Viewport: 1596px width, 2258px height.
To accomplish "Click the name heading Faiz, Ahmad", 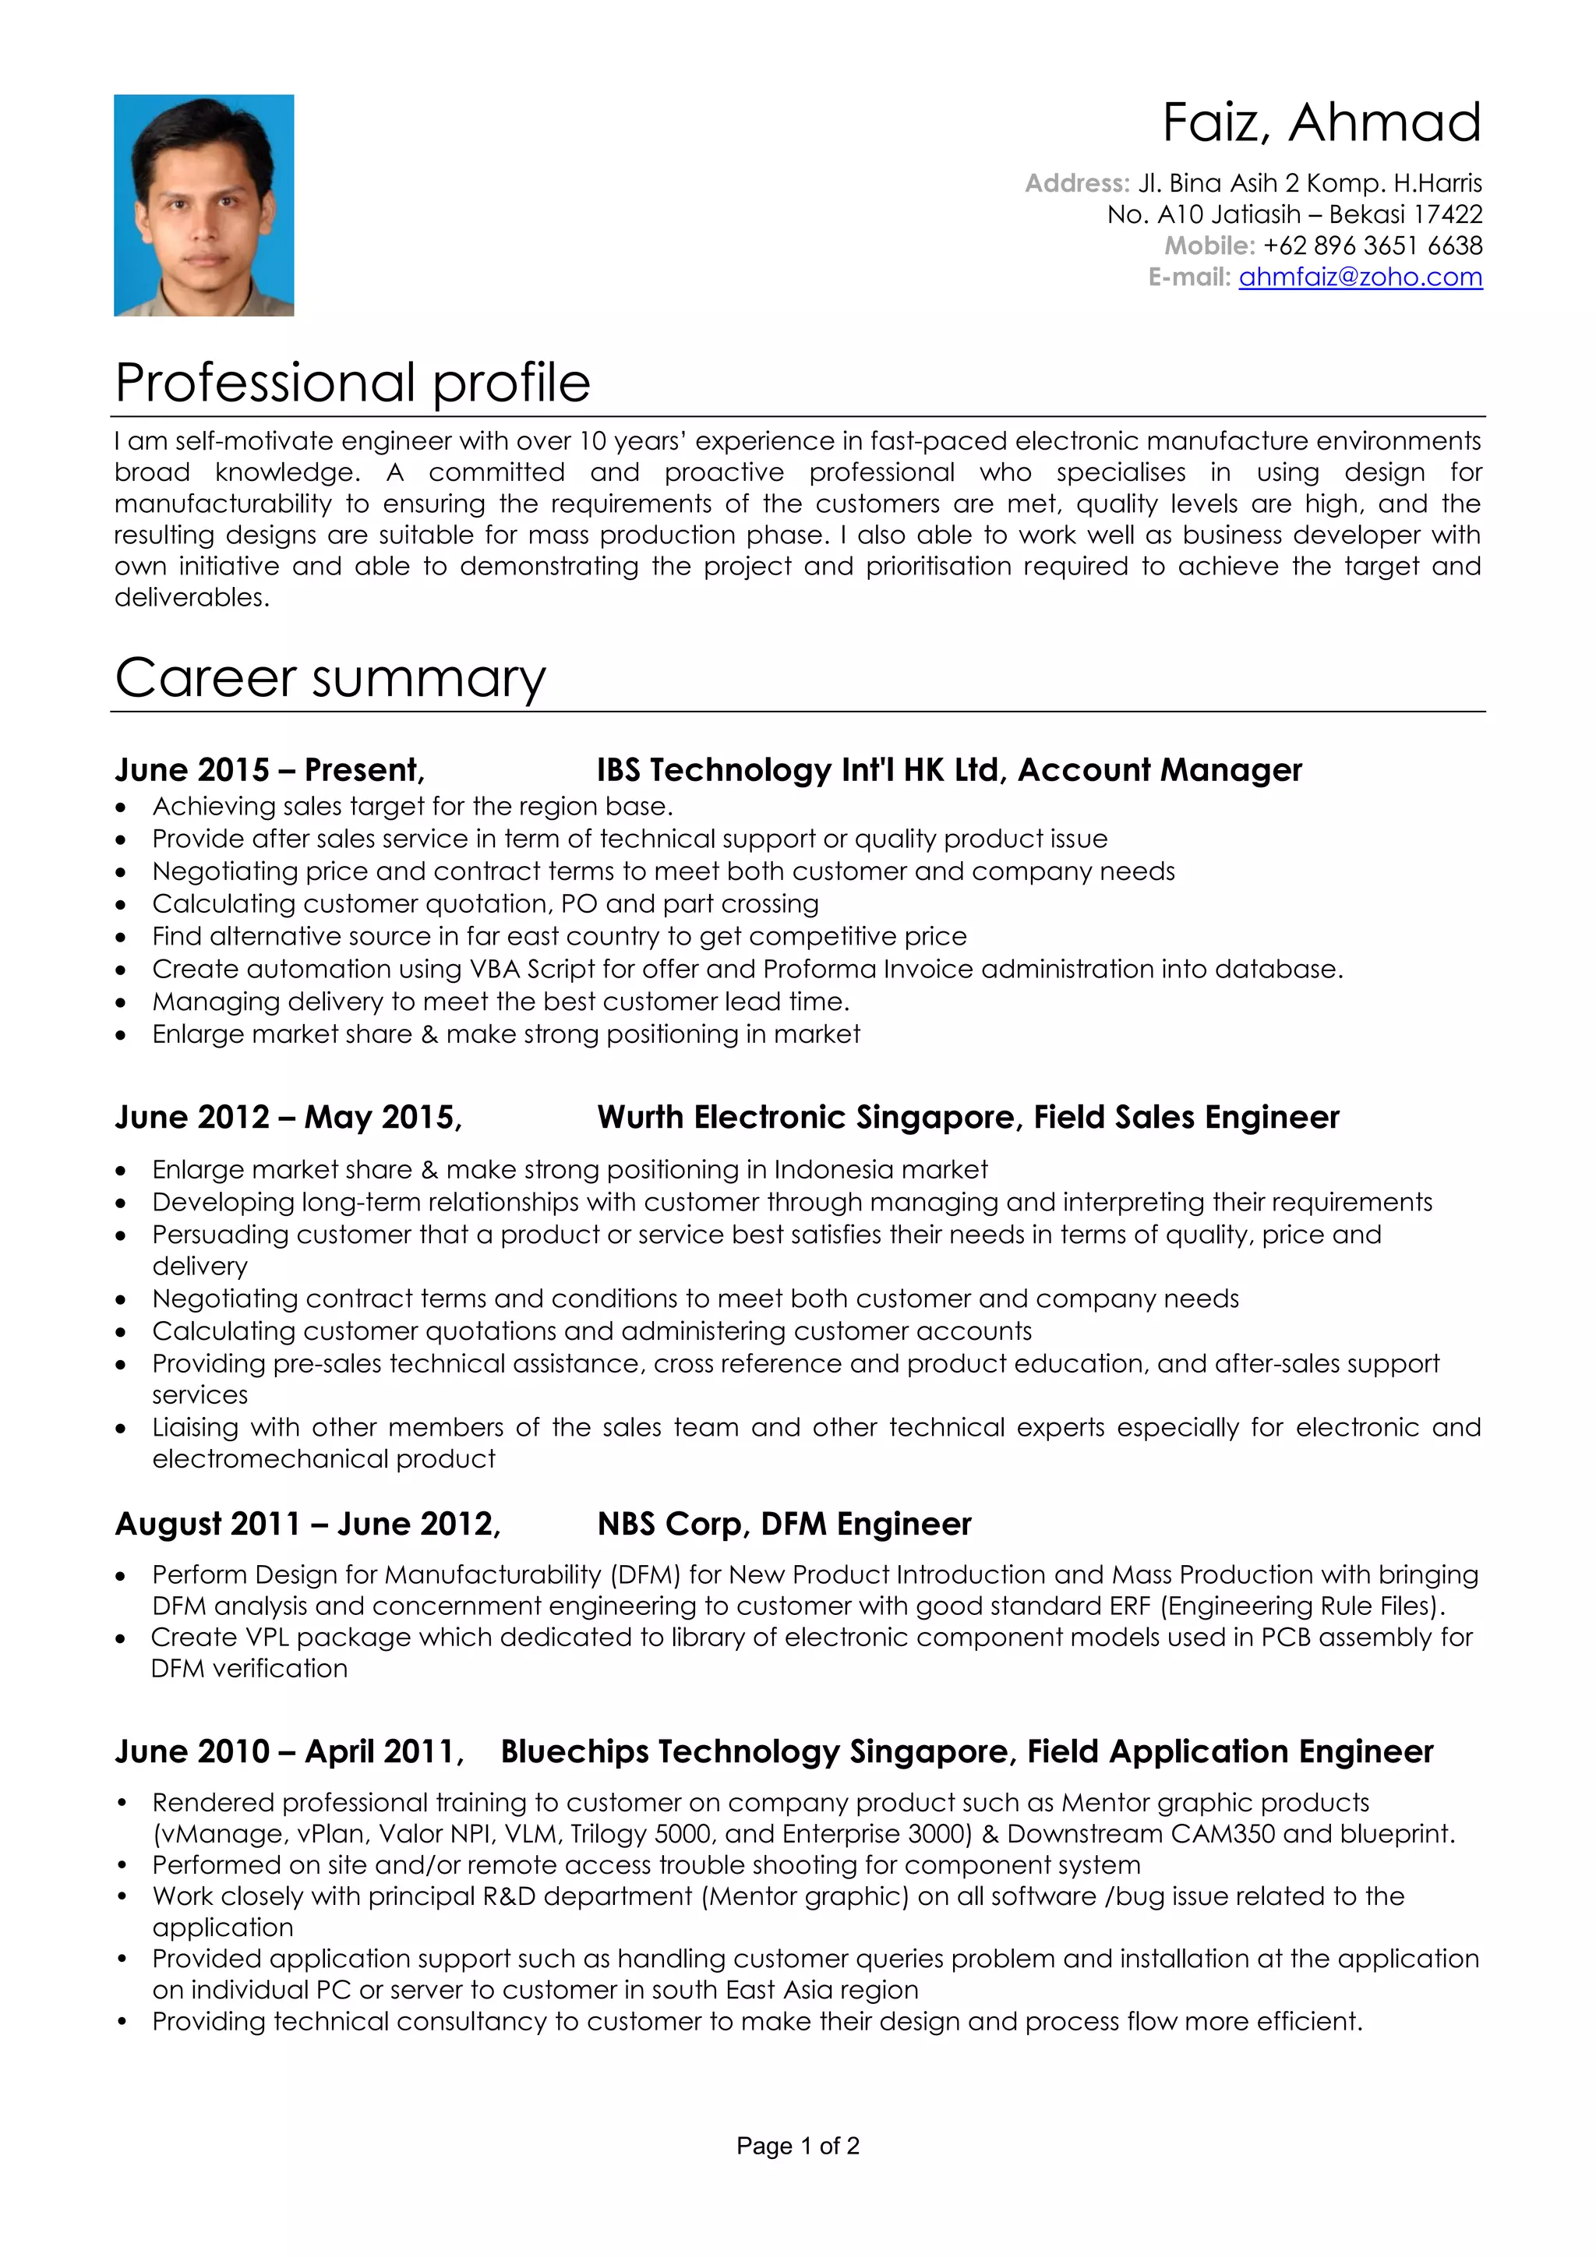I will (x=1321, y=123).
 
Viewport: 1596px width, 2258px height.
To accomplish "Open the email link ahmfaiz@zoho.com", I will (x=1359, y=277).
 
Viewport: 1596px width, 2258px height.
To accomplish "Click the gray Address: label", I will (x=1077, y=183).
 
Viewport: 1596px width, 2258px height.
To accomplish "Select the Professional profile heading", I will (x=352, y=383).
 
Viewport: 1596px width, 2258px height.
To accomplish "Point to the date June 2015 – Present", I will (x=268, y=769).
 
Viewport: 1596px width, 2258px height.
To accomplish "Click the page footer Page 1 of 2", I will (x=797, y=2146).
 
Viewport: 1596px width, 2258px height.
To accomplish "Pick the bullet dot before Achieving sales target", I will (x=121, y=807).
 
